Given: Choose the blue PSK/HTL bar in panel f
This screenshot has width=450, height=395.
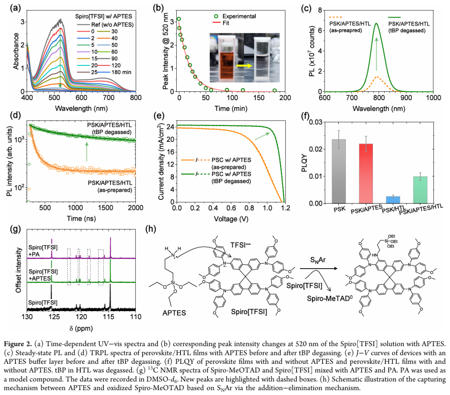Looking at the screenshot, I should [x=396, y=200].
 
